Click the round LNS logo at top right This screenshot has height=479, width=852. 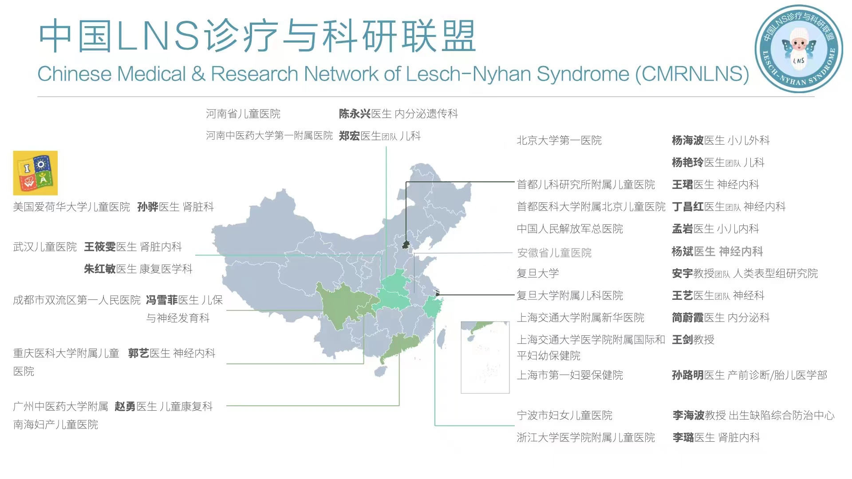pos(798,49)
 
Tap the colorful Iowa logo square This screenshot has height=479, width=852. pos(35,173)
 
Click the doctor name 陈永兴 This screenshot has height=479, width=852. pos(355,114)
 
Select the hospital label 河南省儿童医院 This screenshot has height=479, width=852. pos(243,114)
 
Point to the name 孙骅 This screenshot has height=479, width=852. pos(148,207)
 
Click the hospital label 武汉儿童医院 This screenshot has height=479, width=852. pos(45,247)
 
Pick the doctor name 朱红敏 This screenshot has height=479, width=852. pos(100,269)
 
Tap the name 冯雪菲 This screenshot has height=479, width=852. pos(162,300)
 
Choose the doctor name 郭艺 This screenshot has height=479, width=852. pos(138,353)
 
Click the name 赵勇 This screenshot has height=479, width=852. pos(125,407)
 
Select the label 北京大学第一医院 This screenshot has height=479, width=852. pos(559,141)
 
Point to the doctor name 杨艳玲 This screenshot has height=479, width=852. pos(688,163)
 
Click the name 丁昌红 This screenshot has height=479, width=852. pos(688,207)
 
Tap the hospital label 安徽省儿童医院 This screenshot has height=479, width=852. pos(554,253)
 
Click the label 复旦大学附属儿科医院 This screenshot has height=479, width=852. pos(570,296)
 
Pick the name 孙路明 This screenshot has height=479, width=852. pos(688,376)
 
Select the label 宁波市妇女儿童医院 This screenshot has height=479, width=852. pos(564,416)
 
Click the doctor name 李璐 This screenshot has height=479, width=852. pos(683,438)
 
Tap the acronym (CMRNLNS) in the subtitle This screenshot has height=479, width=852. pos(692,74)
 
